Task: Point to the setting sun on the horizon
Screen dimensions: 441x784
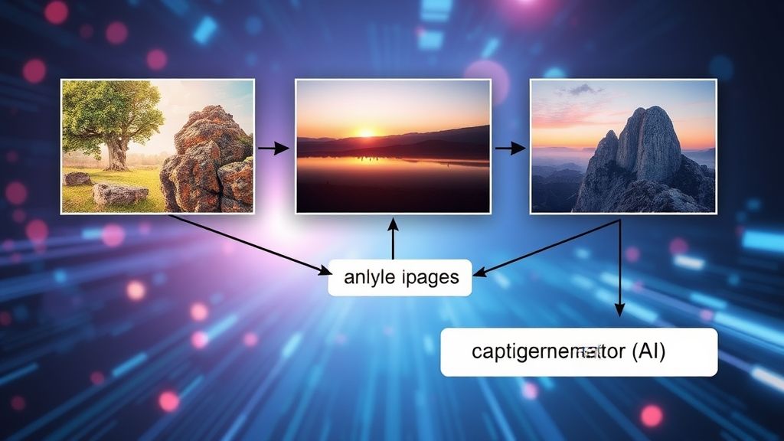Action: (367, 132)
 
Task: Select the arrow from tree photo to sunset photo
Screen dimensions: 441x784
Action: (273, 147)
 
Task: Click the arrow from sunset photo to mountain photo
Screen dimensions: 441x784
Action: (508, 147)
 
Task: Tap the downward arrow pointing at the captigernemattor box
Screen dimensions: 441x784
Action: (619, 276)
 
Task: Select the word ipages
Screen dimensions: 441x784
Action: (430, 278)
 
